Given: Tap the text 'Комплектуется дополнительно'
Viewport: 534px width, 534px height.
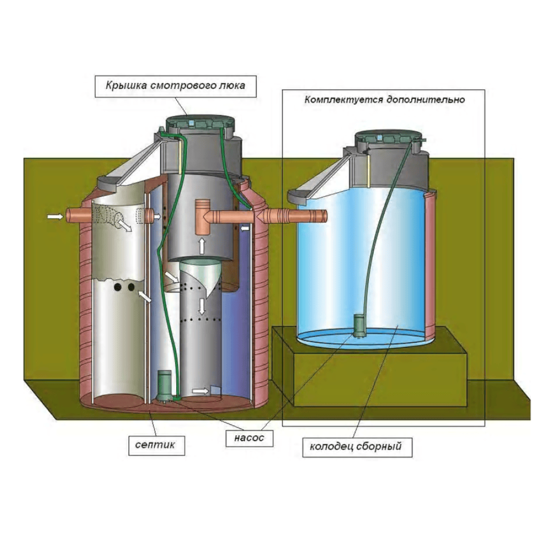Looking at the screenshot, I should [385, 99].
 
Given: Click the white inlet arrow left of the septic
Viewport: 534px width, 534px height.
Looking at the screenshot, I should [54, 216].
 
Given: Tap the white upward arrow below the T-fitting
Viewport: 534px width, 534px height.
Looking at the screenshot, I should [202, 245].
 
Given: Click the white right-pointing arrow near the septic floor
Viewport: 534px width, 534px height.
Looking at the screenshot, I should [199, 391].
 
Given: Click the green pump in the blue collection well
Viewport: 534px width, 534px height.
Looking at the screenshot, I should [359, 325].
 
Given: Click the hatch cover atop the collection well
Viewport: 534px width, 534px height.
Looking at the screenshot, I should [391, 138].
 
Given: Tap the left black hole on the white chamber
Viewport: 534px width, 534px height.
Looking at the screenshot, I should [117, 288].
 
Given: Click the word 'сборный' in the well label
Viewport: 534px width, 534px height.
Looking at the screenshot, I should [380, 445].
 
